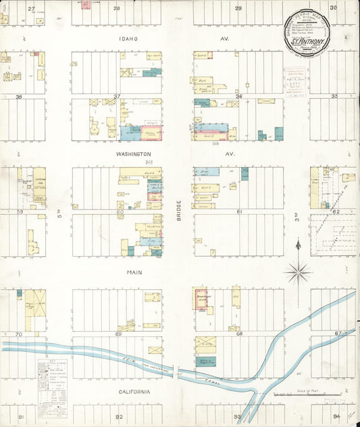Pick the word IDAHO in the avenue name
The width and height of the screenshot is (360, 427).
pyautogui.click(x=127, y=39)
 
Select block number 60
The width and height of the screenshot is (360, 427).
pyautogui.click(x=119, y=212)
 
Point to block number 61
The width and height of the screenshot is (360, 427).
pyautogui.click(x=238, y=212)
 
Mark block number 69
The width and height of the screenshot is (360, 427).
pyautogui.click(x=118, y=334)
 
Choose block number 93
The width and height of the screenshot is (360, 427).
pyautogui.click(x=237, y=417)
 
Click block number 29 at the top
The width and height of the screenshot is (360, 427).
pyautogui.click(x=238, y=8)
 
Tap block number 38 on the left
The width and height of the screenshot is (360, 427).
pyautogui.click(x=19, y=97)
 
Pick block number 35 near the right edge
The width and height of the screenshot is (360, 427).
pyautogui.click(x=334, y=97)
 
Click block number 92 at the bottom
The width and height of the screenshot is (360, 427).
pyautogui.click(x=119, y=417)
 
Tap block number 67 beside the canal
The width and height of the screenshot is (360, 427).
pyautogui.click(x=338, y=333)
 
